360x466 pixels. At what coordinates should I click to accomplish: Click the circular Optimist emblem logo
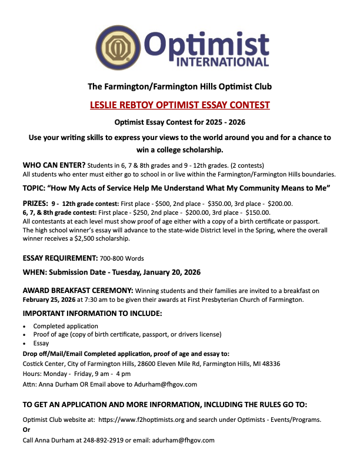coord(116,45)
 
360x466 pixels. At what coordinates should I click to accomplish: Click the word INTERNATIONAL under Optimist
coord(226,61)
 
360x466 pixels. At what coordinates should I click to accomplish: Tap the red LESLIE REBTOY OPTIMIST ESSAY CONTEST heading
coord(180,105)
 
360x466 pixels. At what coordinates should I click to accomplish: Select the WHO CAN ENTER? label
coord(54,165)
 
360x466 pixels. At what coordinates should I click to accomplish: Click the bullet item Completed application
coord(66,326)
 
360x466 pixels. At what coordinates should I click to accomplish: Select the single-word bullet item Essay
coord(41,343)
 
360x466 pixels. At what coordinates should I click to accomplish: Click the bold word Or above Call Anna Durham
coord(26,430)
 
